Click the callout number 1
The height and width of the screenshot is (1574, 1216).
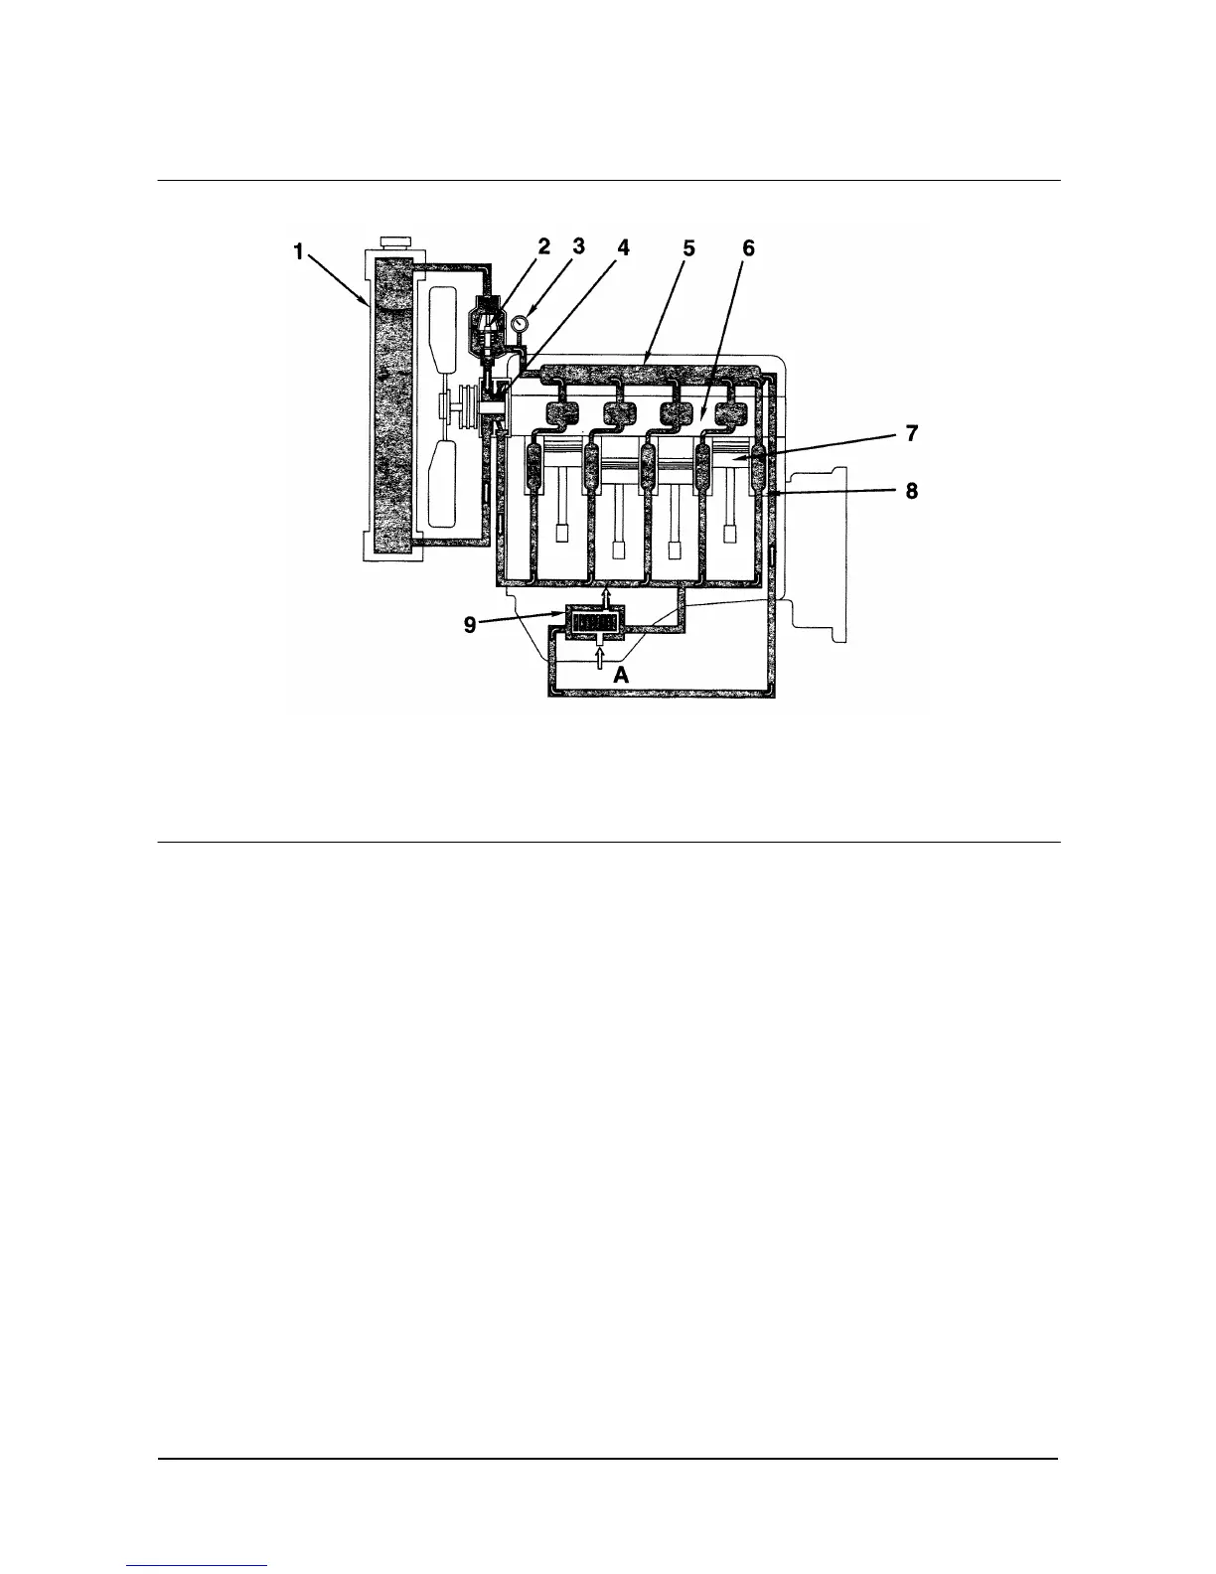pyautogui.click(x=297, y=252)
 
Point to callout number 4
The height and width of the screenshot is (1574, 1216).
pyautogui.click(x=623, y=248)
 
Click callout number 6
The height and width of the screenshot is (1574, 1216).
pyautogui.click(x=748, y=248)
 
